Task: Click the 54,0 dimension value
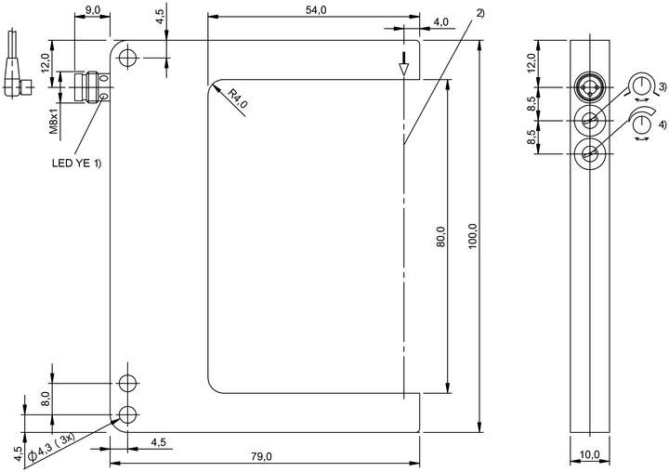(x=316, y=10)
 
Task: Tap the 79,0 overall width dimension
(x=261, y=456)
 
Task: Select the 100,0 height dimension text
(x=473, y=236)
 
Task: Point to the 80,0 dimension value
(x=440, y=236)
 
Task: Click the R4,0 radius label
(x=237, y=98)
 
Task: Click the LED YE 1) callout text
(x=77, y=163)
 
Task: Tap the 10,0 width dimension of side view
(x=590, y=455)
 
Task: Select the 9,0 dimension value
(x=92, y=10)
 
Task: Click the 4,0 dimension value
(x=440, y=21)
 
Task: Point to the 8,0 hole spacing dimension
(x=46, y=400)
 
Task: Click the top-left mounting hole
(x=127, y=58)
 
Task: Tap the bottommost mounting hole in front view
(x=127, y=414)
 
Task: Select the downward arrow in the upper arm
(x=403, y=64)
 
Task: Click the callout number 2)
(x=480, y=13)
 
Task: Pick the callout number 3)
(x=662, y=87)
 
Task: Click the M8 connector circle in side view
(x=589, y=87)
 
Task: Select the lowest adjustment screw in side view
(x=589, y=154)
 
